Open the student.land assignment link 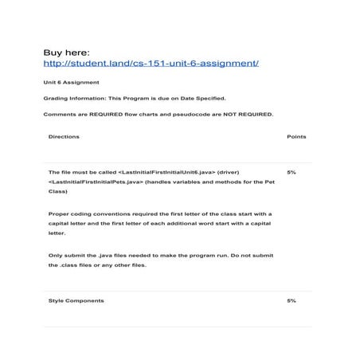(151, 63)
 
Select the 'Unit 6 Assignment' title (72, 83)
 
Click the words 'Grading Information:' (70, 99)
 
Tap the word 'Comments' (58, 115)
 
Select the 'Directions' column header (64, 137)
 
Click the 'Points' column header (295, 137)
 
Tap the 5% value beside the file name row (292, 172)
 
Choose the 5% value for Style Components (292, 301)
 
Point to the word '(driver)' (233, 172)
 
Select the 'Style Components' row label (76, 301)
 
